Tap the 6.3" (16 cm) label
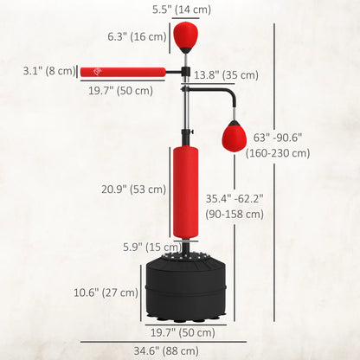click(136, 37)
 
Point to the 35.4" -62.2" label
click(234, 198)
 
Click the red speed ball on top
click(183, 36)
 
